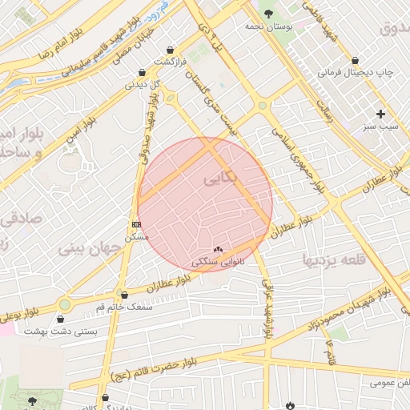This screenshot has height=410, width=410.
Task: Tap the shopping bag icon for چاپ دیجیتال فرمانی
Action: point(355,60)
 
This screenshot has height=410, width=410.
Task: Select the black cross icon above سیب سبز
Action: point(380,114)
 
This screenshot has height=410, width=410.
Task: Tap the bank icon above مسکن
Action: point(137,224)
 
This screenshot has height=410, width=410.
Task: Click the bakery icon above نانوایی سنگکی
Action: point(218,250)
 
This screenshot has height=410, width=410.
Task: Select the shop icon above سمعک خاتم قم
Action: point(123,295)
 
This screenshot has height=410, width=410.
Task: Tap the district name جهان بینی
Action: point(88,248)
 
